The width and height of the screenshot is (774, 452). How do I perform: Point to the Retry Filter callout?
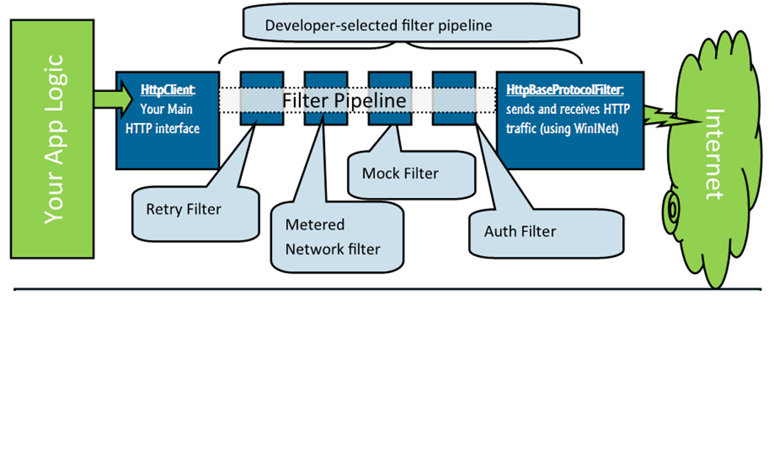184,209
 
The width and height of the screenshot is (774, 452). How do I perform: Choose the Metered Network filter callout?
334,237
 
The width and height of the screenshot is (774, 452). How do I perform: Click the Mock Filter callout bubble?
400,174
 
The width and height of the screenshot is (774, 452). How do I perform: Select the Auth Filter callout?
520,231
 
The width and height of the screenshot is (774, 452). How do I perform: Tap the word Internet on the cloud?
714,155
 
